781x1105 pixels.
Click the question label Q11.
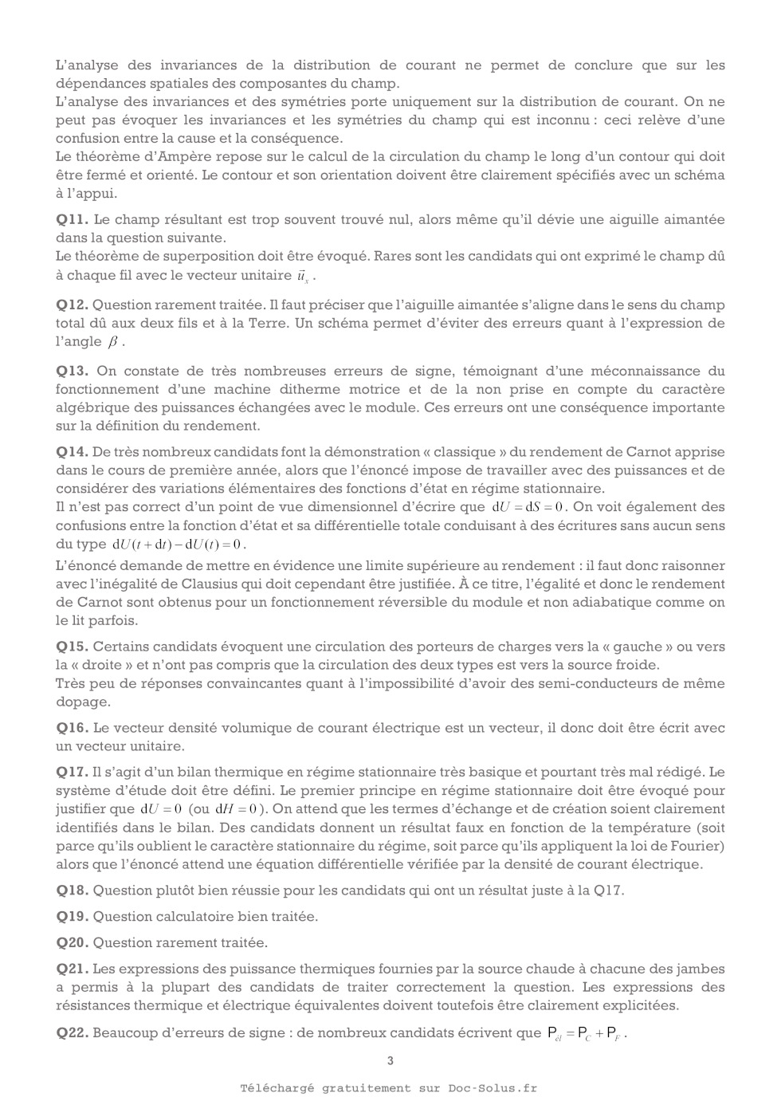pyautogui.click(x=72, y=219)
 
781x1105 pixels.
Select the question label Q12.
pyautogui.click(x=72, y=305)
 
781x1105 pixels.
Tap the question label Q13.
pyautogui.click(x=72, y=371)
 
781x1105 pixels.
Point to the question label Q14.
pyautogui.click(x=72, y=452)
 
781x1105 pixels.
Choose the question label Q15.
pyautogui.click(x=72, y=647)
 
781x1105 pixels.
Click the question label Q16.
pyautogui.click(x=72, y=728)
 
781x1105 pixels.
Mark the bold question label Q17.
pyautogui.click(x=72, y=772)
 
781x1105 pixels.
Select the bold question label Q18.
pyautogui.click(x=72, y=891)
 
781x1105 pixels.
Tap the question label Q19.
pyautogui.click(x=72, y=917)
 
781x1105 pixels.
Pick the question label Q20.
pyautogui.click(x=72, y=943)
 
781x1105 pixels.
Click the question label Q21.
pyautogui.click(x=72, y=969)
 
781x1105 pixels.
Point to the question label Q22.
pyautogui.click(x=72, y=1033)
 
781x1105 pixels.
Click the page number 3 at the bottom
pyautogui.click(x=390, y=1060)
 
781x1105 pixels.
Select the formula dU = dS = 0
pyautogui.click(x=528, y=507)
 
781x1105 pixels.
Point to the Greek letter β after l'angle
pyautogui.click(x=115, y=342)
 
